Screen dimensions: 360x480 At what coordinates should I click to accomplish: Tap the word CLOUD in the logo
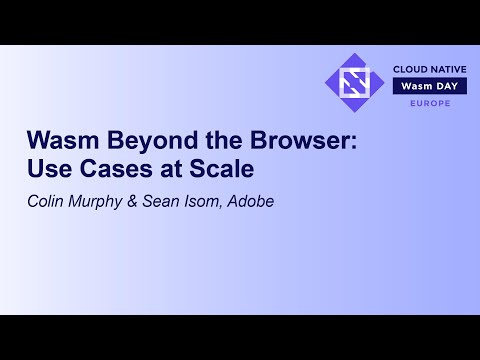coord(408,69)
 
